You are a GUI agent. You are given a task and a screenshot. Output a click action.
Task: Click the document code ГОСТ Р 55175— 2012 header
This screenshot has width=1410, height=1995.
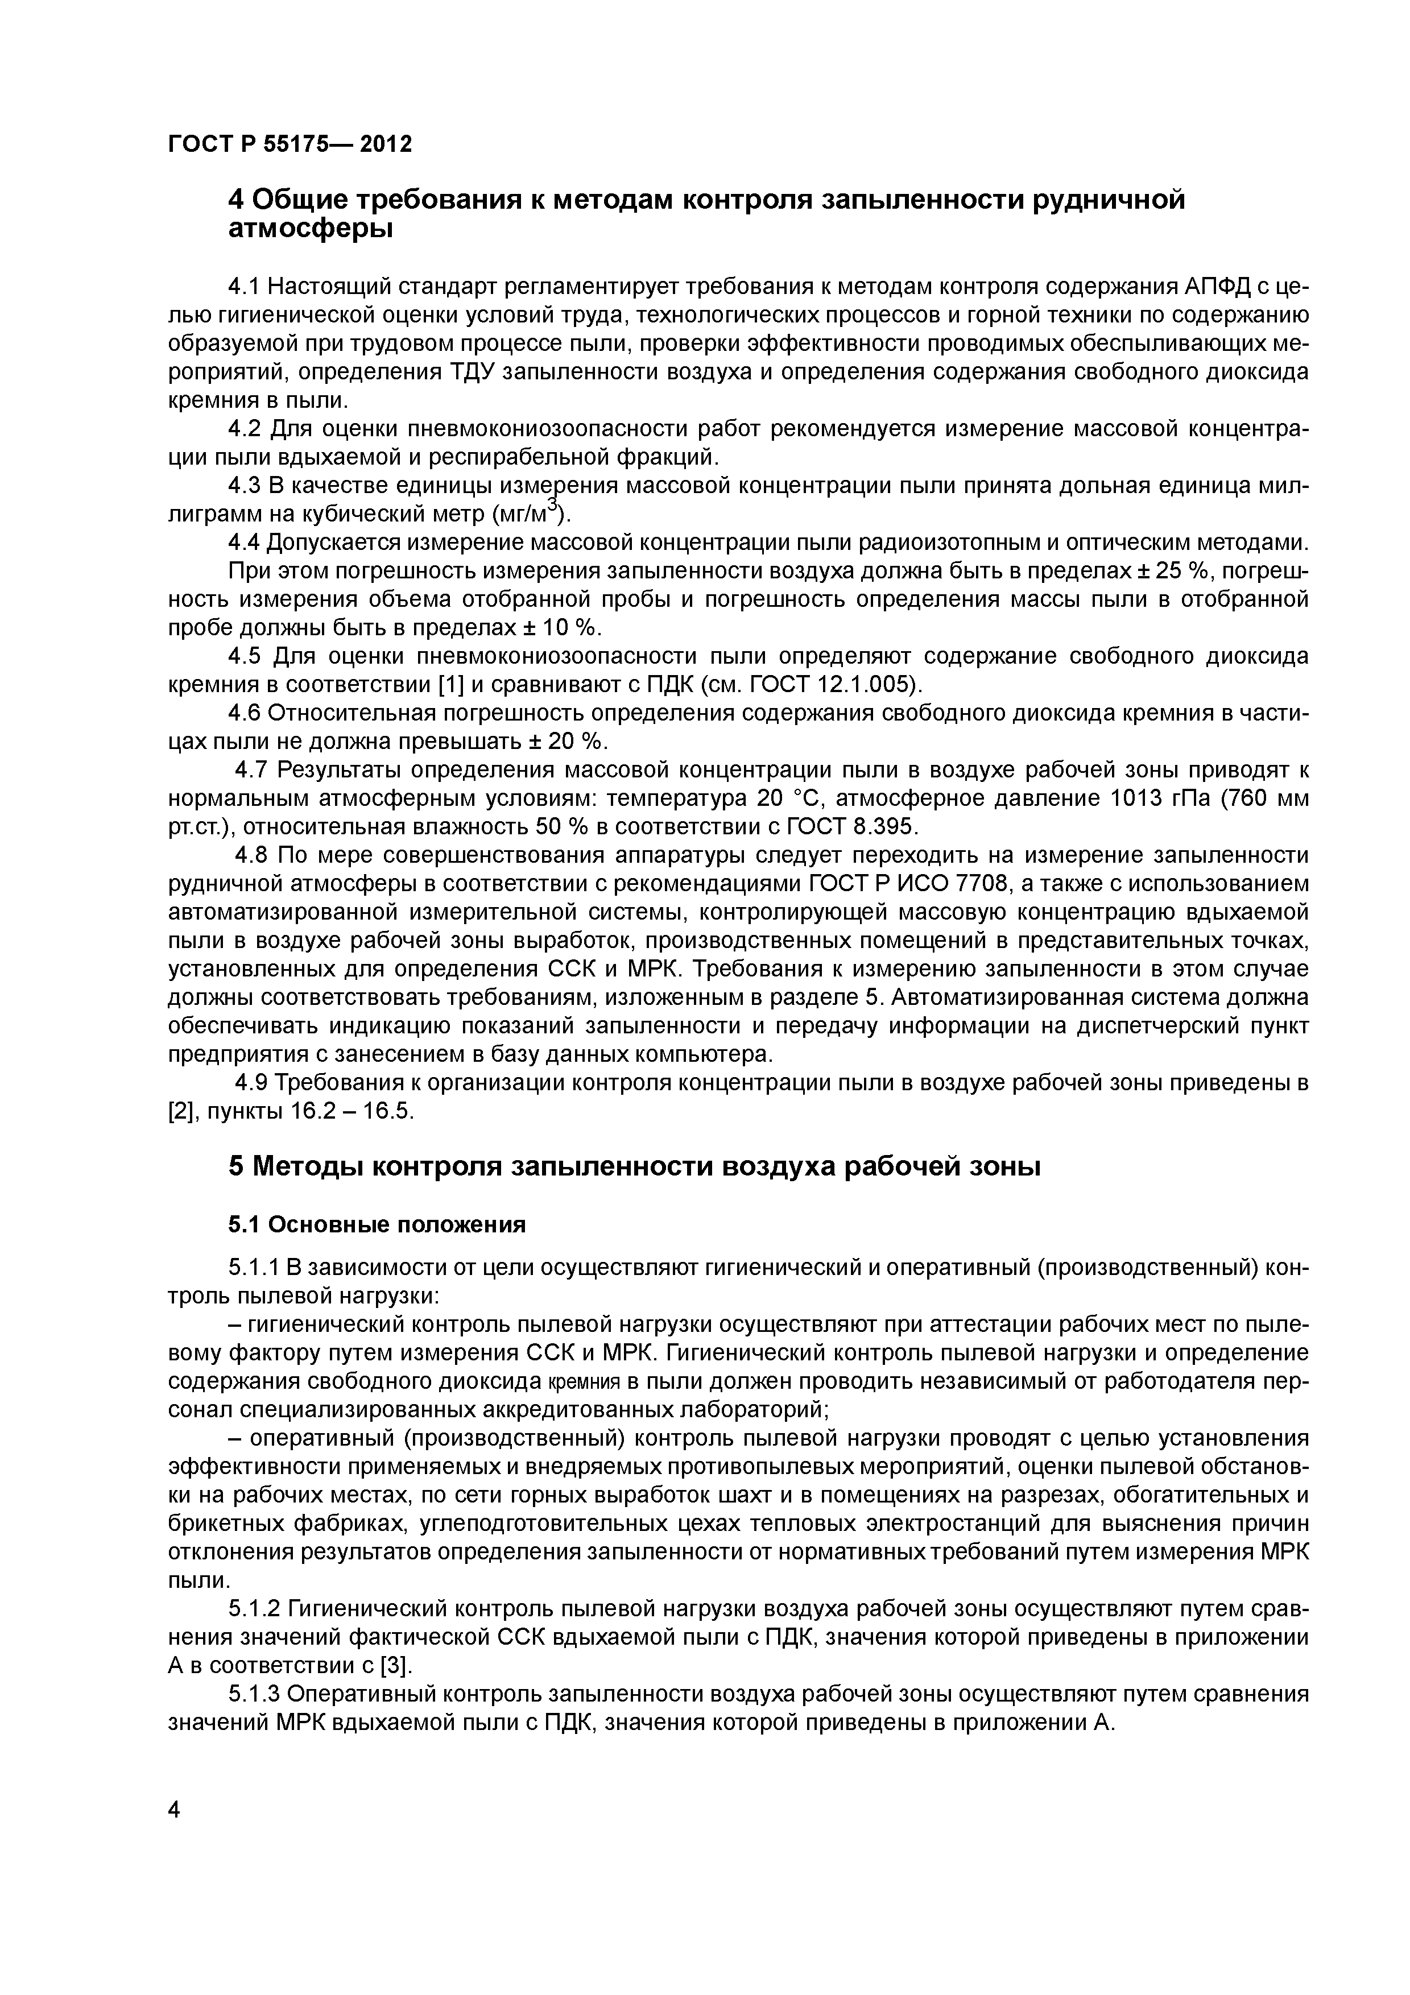[290, 143]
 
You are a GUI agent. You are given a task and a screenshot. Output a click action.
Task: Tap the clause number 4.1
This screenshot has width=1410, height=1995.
[243, 286]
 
